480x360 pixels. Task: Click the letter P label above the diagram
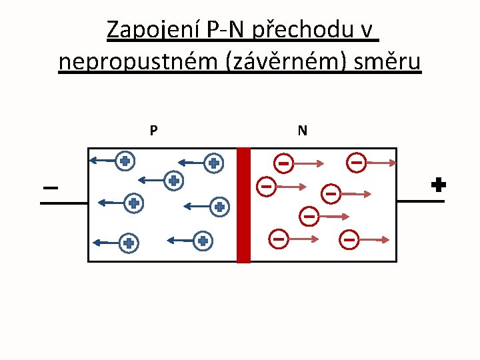[153, 131]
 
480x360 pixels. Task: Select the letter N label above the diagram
[303, 131]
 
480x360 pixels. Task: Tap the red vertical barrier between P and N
[244, 205]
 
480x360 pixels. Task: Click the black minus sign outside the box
[50, 188]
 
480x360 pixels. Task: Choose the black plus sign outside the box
[438, 185]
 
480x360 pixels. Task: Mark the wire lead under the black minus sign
[64, 202]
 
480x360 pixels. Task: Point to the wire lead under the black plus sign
[421, 201]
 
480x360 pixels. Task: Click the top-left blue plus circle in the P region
[125, 161]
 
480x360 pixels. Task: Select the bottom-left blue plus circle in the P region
[129, 244]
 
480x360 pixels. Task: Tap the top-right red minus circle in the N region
[357, 162]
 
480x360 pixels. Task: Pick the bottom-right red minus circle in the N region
[349, 239]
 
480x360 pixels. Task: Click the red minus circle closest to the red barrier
[266, 187]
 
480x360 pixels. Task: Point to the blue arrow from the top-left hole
[103, 160]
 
